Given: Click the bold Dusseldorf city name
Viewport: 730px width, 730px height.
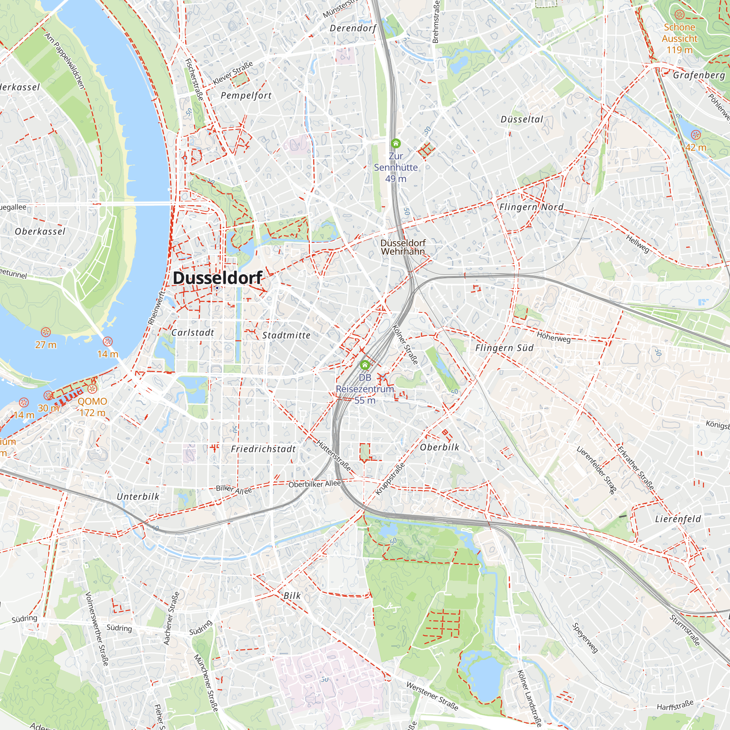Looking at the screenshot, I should pos(217,278).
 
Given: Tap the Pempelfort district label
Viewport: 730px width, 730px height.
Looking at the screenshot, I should pos(246,96).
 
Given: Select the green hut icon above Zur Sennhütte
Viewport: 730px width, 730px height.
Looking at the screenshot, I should pos(396,143).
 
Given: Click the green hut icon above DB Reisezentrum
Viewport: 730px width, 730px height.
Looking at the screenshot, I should pos(365,365).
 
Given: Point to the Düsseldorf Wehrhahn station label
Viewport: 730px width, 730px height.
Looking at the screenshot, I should pos(403,247).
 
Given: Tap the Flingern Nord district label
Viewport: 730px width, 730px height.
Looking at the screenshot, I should pos(531,207).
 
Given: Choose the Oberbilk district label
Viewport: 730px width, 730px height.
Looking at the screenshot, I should pos(440,447).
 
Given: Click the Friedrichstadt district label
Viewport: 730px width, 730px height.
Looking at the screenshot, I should pos(264,449).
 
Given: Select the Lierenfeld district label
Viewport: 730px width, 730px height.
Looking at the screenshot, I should pos(678,519).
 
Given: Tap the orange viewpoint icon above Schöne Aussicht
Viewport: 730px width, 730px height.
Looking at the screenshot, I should pos(679,15).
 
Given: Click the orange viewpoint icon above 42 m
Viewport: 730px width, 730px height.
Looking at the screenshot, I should pos(696,135).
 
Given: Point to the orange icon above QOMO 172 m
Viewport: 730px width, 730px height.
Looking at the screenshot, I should pos(92,389).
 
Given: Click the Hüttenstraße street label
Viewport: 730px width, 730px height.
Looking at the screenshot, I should pos(334,455).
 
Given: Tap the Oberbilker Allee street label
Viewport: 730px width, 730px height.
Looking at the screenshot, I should pos(314,484).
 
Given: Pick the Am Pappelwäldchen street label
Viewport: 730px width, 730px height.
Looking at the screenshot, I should pos(65,61).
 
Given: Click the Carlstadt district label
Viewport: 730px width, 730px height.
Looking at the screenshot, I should pos(193,333).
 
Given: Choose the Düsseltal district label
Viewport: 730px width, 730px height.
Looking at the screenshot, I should pos(522,119).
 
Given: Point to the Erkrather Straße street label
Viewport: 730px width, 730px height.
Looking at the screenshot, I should pos(635,468).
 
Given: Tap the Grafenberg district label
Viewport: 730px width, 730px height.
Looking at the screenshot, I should pos(699,75).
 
